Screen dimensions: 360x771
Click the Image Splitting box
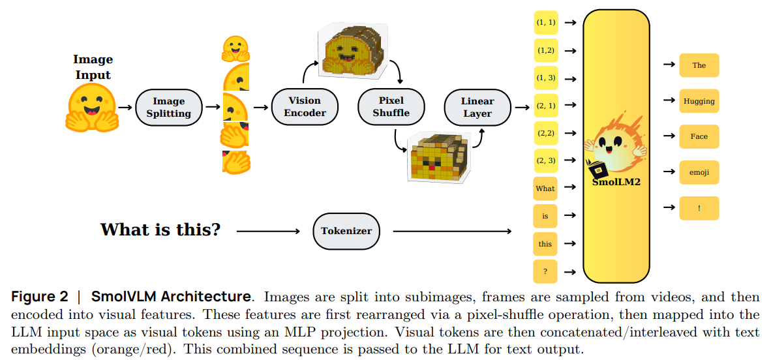(168, 107)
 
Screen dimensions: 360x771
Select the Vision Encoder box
(305, 107)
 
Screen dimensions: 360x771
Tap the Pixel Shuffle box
(391, 107)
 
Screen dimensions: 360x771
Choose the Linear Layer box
(477, 107)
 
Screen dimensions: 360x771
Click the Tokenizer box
(346, 231)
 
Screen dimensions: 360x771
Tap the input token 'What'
(545, 188)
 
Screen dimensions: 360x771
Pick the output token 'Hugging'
(699, 101)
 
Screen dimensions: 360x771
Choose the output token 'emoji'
(699, 172)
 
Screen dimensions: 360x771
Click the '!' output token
(699, 208)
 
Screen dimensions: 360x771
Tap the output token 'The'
(699, 65)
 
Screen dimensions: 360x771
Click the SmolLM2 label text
(616, 182)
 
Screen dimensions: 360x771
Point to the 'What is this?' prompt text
(160, 230)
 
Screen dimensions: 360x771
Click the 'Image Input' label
(93, 67)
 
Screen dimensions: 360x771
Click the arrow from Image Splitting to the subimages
(212, 107)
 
